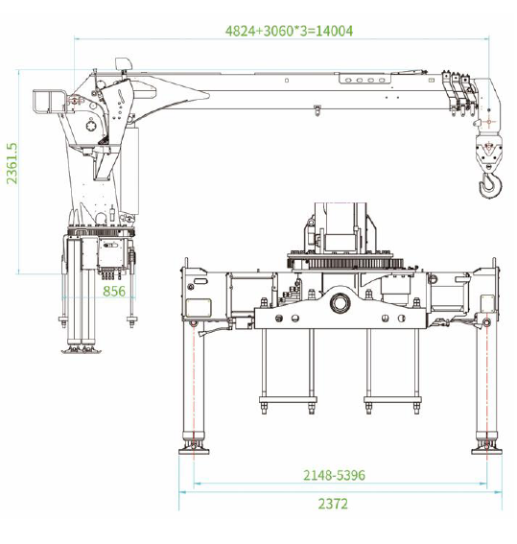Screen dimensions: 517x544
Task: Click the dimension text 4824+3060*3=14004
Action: [x=289, y=31]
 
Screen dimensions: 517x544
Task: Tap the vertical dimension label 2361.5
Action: [x=12, y=163]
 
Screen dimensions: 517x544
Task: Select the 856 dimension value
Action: [x=114, y=292]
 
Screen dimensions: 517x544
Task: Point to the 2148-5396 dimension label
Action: [x=334, y=475]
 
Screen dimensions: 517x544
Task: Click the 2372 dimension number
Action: [x=333, y=504]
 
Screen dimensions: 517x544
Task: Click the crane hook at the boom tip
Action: [x=490, y=185]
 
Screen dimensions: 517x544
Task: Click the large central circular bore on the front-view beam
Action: [x=340, y=303]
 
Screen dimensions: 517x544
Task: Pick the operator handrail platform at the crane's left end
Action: [x=50, y=102]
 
